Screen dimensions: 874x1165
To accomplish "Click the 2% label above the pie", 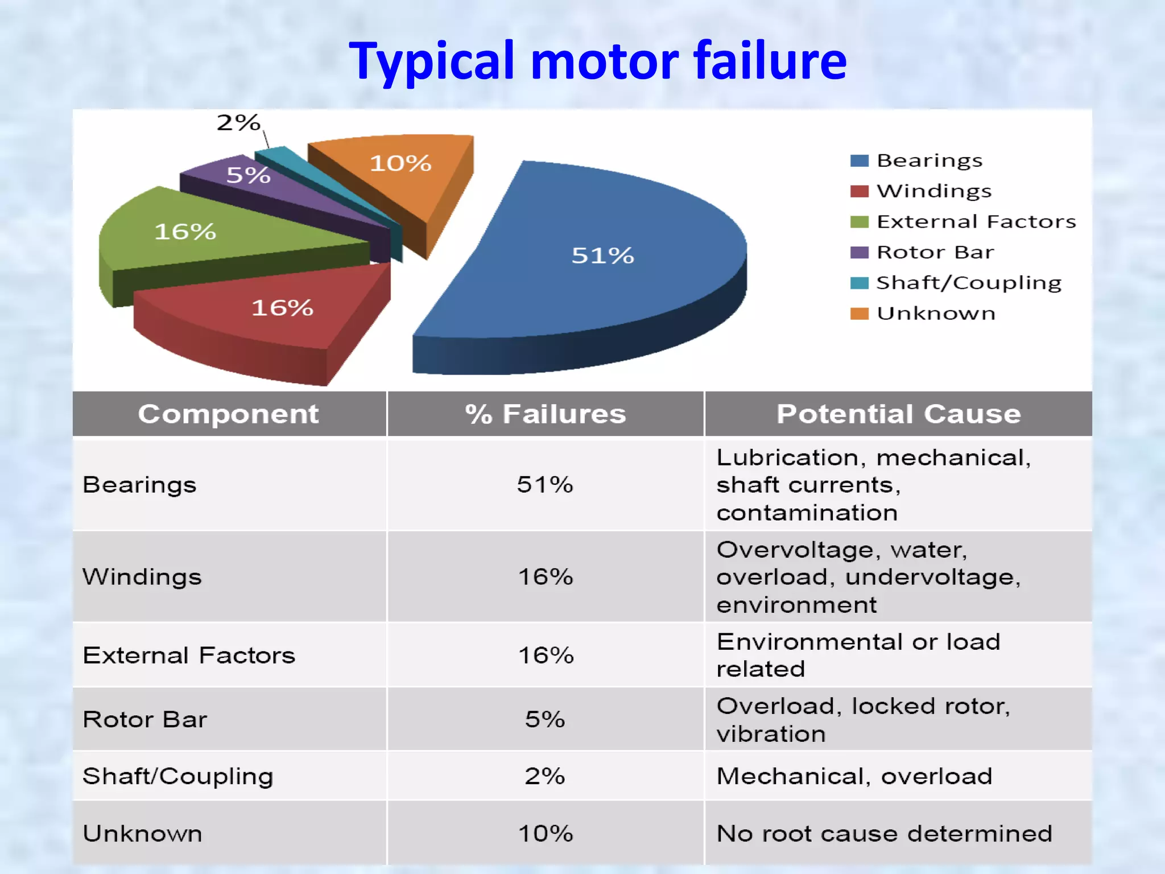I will click(238, 123).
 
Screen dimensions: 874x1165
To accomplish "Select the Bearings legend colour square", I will click(859, 161).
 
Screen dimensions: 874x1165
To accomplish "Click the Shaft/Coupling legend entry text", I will click(969, 283).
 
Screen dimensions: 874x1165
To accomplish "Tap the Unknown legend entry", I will click(936, 314).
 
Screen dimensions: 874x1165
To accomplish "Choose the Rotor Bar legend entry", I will click(935, 252).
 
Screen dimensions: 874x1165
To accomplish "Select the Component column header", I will click(229, 414).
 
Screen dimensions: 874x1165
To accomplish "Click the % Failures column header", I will click(546, 414).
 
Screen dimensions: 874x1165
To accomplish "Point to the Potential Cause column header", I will click(899, 414).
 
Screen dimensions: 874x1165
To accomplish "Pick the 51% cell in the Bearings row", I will click(545, 485).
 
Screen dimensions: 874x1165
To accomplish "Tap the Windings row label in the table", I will click(142, 577).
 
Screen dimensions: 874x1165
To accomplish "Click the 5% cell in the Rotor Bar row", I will click(545, 719).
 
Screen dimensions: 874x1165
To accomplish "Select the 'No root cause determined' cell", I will click(884, 834).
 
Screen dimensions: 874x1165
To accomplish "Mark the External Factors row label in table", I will click(189, 655).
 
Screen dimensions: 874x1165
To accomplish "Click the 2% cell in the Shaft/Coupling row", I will click(545, 776).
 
